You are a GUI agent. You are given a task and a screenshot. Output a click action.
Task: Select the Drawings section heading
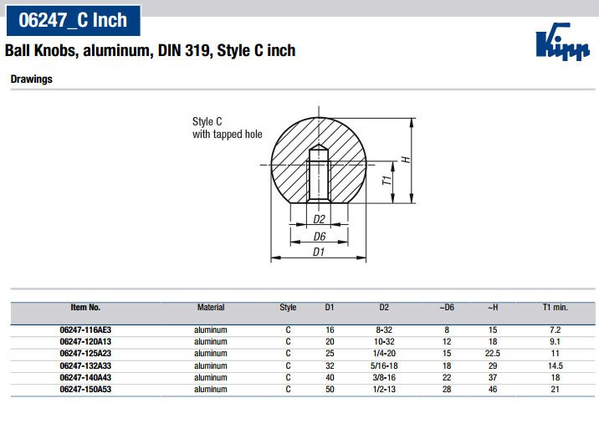click(31, 79)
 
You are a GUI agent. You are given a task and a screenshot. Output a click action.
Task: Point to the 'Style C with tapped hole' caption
click(227, 128)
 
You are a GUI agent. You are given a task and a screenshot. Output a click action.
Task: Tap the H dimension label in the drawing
click(406, 159)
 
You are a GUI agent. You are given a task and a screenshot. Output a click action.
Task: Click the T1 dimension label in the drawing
click(387, 181)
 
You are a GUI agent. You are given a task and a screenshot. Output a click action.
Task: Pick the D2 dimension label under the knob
click(318, 219)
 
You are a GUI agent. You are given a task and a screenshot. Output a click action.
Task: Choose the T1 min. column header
click(555, 308)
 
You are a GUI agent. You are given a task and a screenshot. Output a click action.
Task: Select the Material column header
click(211, 308)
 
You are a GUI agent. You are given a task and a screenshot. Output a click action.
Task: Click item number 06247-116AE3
click(85, 330)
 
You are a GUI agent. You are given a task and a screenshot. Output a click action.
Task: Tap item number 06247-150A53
click(85, 390)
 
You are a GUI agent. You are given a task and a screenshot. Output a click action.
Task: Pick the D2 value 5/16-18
click(384, 366)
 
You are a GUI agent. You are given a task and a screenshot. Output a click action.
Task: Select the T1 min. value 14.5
click(555, 366)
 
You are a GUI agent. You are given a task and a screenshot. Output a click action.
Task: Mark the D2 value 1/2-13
click(384, 390)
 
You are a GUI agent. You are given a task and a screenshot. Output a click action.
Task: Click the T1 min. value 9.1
click(555, 342)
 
